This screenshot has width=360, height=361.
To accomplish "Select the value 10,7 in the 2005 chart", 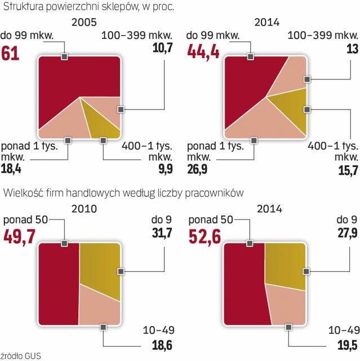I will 162,48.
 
